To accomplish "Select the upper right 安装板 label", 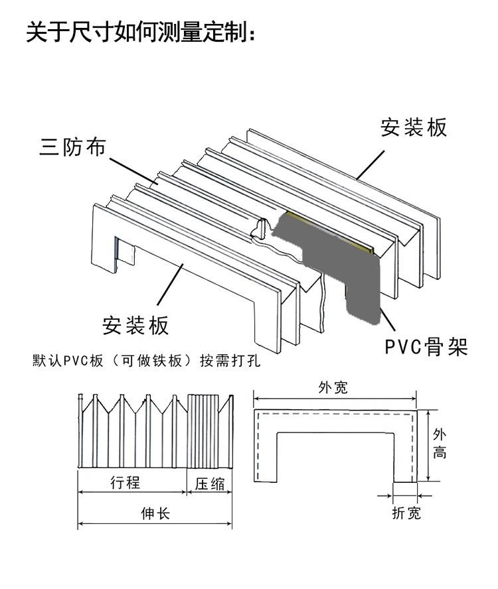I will tap(413, 127).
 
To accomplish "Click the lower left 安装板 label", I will tap(135, 325).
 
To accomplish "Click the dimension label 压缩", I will tap(210, 484).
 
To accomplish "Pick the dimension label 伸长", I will tap(155, 513).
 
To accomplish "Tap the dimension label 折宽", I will tap(406, 513).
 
